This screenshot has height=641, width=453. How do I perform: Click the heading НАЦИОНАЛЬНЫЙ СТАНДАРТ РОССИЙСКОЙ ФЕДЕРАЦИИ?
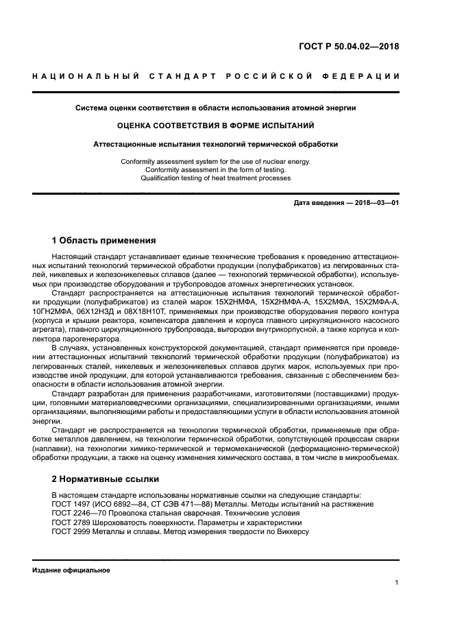point(216,75)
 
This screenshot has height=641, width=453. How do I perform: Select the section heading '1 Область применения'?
point(104,241)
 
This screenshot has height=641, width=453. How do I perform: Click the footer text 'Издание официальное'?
point(71,570)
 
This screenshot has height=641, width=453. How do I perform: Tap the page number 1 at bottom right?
point(397,583)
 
